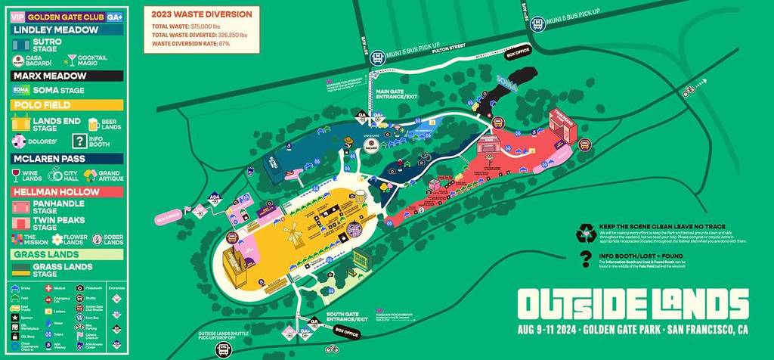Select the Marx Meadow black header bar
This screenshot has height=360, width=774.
67,76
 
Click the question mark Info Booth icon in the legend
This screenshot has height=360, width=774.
79,141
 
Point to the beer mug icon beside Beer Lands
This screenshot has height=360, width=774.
94,124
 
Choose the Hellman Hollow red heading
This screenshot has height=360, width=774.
67,193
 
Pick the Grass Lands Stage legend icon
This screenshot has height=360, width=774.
20,270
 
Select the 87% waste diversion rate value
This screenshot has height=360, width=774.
224,44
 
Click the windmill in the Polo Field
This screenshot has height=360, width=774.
293,231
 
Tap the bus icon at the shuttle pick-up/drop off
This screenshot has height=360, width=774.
223,349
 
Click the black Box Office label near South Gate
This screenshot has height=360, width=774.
345,331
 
